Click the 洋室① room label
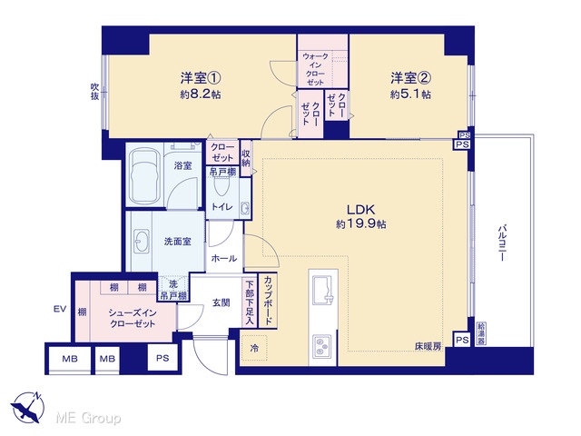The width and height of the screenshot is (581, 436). tap(201, 78)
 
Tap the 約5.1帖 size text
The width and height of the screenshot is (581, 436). tap(410, 94)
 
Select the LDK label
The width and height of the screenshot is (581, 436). tap(361, 210)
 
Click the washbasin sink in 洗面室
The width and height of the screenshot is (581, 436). tap(142, 242)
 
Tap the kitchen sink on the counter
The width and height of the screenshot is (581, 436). tap(323, 290)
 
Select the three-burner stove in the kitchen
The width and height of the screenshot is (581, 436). tap(322, 346)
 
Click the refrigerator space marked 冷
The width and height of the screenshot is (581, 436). tap(254, 348)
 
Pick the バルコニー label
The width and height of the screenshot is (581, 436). tap(501, 243)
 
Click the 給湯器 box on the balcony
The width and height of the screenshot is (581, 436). tap(480, 334)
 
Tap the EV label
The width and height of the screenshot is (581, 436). tap(60, 309)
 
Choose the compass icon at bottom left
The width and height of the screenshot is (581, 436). tap(27, 407)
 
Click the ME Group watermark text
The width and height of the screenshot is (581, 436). tap(88, 418)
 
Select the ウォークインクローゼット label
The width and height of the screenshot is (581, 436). tap(315, 69)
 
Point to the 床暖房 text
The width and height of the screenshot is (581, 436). tap(428, 347)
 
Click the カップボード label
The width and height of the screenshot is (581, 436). tap(268, 301)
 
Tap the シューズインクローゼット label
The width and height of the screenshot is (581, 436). tap(133, 318)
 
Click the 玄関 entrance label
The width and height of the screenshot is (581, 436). tap(221, 302)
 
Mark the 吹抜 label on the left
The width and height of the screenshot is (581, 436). tap(94, 91)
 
